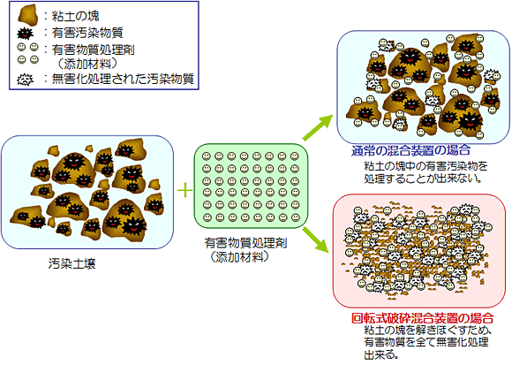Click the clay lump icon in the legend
point(27,15)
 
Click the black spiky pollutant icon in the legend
point(25,34)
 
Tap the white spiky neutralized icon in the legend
point(25,80)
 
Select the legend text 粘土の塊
point(75,16)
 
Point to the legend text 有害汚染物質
point(87,33)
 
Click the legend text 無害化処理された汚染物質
point(123,79)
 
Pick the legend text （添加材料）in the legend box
point(87,64)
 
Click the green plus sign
point(184,190)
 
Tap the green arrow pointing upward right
point(318,128)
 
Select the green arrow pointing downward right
point(316,240)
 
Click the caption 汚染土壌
point(72,263)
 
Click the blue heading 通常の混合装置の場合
point(410,150)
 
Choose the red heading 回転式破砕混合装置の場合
point(422,317)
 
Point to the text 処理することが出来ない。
point(423,179)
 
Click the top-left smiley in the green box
point(206,156)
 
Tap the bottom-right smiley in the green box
point(296,217)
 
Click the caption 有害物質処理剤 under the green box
point(245,243)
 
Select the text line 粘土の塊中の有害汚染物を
point(425,166)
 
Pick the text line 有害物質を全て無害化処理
point(426,342)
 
